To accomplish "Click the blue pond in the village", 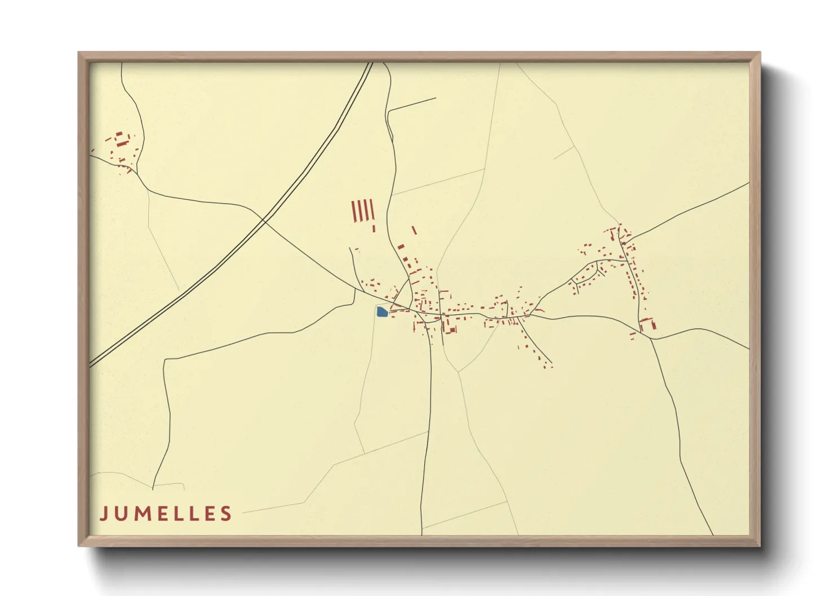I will pos(381,312).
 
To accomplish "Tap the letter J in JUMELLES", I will pos(104,514).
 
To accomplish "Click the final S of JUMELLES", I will pos(227,514).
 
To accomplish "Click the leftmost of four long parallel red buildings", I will pos(353,211).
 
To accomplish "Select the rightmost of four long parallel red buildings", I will pos(372,211).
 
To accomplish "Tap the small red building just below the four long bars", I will pos(374,228).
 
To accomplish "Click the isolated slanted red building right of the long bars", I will pos(414,230).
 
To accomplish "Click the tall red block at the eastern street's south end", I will pos(643,326).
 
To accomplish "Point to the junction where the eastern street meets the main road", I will pos(651,338).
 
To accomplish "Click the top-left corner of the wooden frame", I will pos(79,53).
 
